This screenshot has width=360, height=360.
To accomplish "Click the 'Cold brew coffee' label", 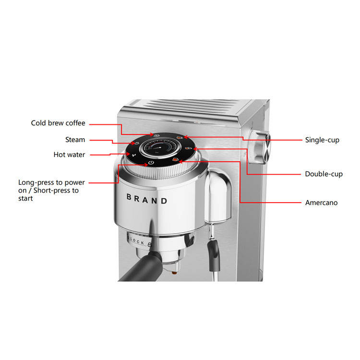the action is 58,123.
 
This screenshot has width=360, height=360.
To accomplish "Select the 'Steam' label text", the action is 75,140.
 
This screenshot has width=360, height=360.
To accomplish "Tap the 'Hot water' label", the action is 69,155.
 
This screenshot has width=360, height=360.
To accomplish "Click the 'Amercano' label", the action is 321,203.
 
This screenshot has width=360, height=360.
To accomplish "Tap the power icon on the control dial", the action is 151,163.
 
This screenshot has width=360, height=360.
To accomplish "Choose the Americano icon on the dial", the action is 175,160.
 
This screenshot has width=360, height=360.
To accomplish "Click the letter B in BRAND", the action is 129,197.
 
